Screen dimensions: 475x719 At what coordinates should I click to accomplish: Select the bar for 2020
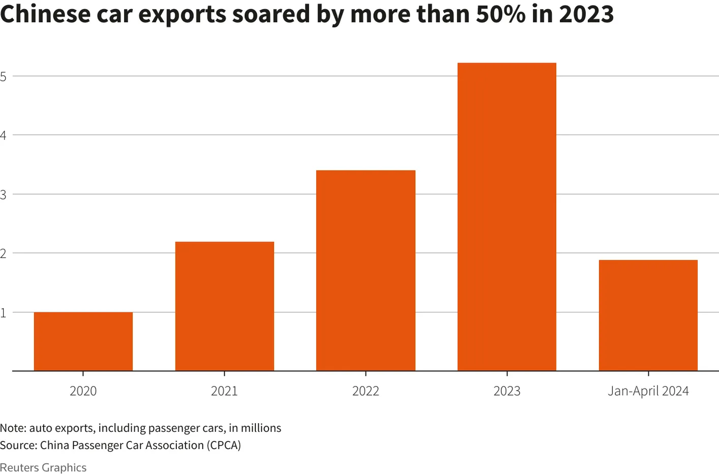(83, 341)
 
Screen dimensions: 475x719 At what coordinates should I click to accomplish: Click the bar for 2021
(225, 306)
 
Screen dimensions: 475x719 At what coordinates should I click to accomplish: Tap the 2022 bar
(366, 271)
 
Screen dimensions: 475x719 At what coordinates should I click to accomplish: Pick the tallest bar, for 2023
(507, 217)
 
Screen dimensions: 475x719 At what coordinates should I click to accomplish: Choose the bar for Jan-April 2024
(648, 315)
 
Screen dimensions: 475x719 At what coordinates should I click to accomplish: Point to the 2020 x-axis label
(83, 391)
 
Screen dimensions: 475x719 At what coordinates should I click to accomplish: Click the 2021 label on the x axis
(225, 391)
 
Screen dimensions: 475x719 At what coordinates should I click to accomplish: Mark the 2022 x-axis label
(366, 391)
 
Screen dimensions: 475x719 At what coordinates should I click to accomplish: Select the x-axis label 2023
(507, 391)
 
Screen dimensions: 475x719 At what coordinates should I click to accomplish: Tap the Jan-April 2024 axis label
(648, 391)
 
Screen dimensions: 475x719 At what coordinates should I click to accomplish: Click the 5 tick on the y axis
(3, 76)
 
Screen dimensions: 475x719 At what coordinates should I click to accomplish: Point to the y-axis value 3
(3, 194)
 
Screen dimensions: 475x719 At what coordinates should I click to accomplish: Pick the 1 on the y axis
(3, 312)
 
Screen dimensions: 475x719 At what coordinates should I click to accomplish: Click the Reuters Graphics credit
(43, 467)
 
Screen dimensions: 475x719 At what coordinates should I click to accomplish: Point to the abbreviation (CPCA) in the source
(223, 446)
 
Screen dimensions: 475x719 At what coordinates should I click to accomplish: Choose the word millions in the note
(261, 428)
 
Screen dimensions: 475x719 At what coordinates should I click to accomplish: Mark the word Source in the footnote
(17, 446)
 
